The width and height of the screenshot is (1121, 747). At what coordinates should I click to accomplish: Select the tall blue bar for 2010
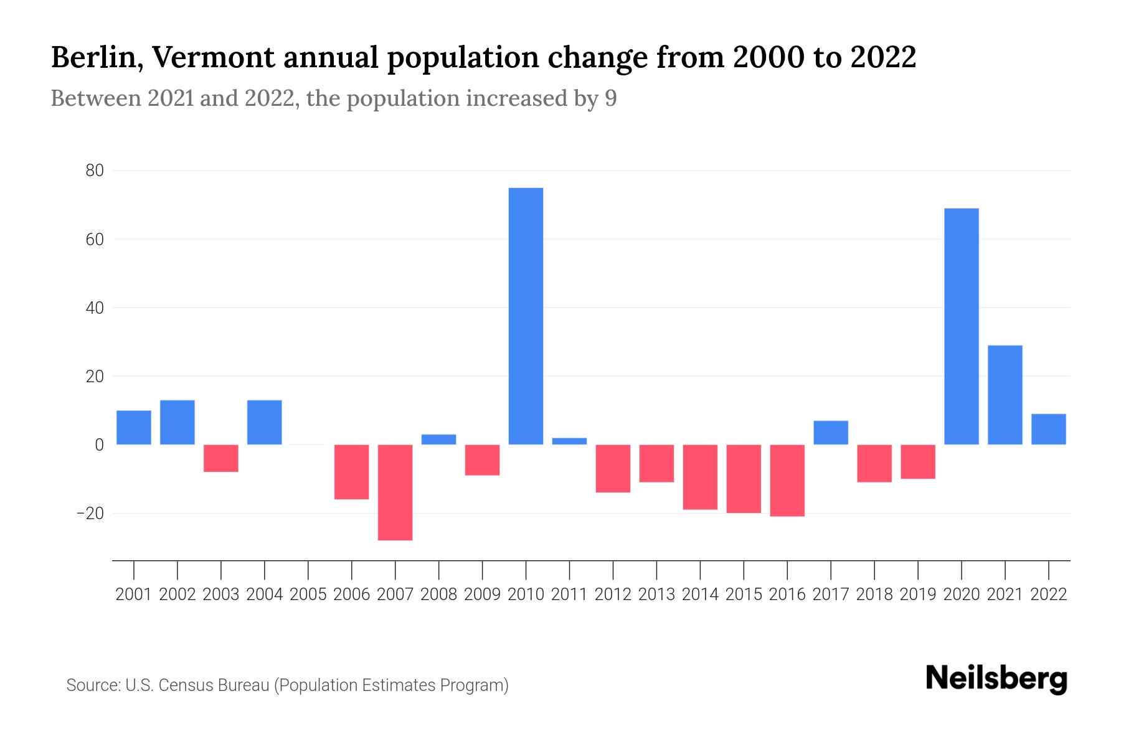tap(526, 316)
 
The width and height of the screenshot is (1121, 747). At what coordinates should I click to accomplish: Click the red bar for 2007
tap(395, 492)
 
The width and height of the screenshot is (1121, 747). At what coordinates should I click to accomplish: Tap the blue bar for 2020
tap(961, 326)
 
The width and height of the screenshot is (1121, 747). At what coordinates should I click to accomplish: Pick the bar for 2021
tap(1005, 395)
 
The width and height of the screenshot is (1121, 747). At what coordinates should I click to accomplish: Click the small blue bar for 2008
tap(438, 439)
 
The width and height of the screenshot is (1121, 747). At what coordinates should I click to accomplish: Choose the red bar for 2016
tap(787, 480)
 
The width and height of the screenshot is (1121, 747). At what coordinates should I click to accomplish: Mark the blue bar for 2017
tap(830, 433)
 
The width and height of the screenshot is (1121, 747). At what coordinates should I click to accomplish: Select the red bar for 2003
tap(221, 458)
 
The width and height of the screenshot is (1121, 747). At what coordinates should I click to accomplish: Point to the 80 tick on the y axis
tap(95, 171)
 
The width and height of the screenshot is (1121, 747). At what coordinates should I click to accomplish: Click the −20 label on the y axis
tap(90, 514)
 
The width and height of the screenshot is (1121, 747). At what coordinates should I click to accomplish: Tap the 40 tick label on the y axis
tap(95, 308)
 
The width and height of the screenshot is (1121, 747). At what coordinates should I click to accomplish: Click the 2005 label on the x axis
tap(308, 594)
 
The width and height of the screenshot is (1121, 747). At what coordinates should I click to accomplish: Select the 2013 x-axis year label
tap(656, 594)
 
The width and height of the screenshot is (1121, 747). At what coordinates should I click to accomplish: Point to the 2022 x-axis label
tap(1049, 594)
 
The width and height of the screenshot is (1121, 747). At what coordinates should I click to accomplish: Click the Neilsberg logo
tap(996, 679)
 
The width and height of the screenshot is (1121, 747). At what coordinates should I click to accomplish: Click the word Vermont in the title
tap(212, 57)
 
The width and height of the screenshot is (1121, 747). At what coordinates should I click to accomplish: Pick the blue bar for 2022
tap(1048, 429)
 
